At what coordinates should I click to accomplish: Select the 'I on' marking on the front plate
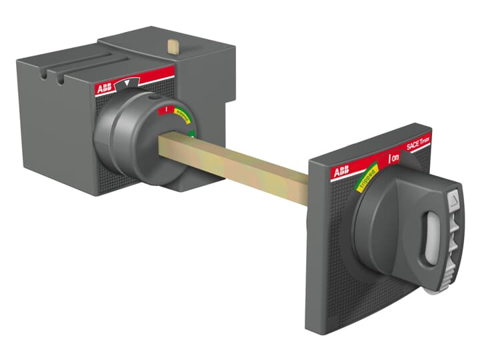pyautogui.click(x=394, y=158)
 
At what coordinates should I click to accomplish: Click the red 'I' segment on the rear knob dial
pyautogui.click(x=167, y=109)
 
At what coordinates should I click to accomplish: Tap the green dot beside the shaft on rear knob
pyautogui.click(x=192, y=135)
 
